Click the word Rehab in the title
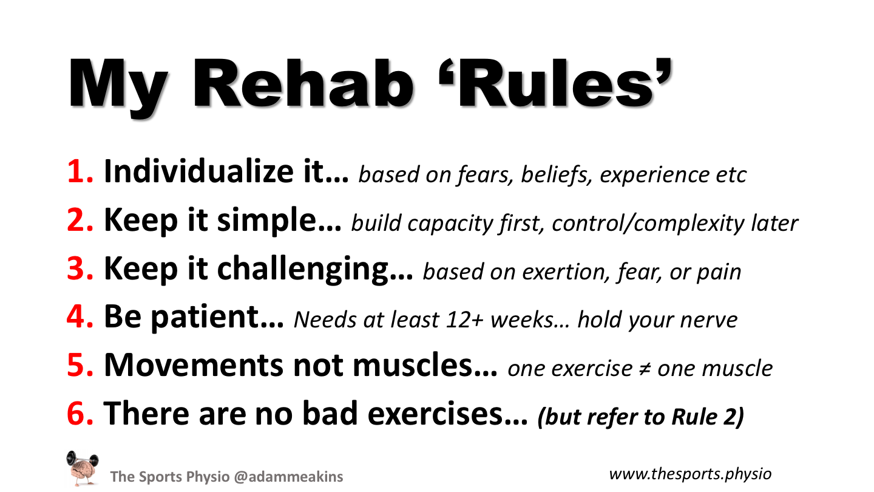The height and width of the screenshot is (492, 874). point(303,84)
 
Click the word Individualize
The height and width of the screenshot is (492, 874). point(198,171)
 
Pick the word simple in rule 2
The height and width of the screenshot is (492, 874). point(266,221)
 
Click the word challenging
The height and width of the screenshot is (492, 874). point(302,270)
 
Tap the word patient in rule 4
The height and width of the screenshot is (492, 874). point(205,317)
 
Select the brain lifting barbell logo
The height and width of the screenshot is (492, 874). point(82,468)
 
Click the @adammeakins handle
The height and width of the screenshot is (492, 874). point(288,477)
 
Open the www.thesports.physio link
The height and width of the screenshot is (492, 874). point(690,474)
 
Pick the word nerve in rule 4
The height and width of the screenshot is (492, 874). point(708,321)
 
